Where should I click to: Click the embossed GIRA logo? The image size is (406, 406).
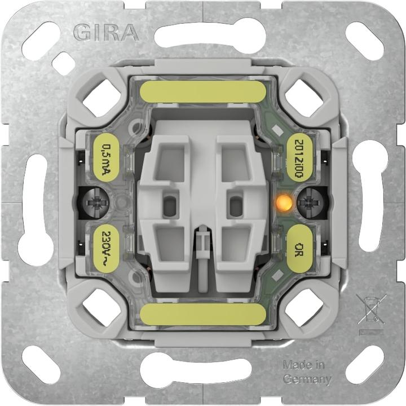tap(106, 33)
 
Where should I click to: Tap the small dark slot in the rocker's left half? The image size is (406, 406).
tap(169, 206)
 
